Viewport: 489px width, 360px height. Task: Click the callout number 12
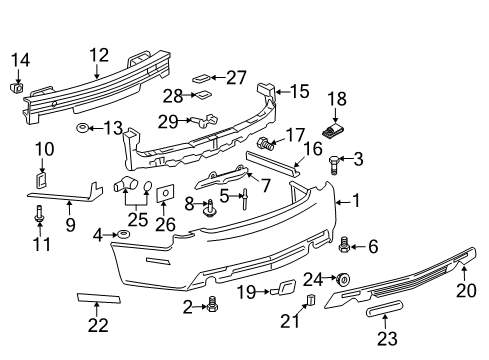[x=97, y=55]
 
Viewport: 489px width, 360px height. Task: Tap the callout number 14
[x=19, y=61]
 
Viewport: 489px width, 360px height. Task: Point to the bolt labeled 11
[x=38, y=213]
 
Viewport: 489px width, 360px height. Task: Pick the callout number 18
[x=336, y=99]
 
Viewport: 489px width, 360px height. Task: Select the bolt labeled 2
[x=212, y=307]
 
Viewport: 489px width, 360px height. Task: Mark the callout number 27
[x=236, y=77]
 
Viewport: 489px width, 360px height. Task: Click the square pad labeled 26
[x=167, y=193]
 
